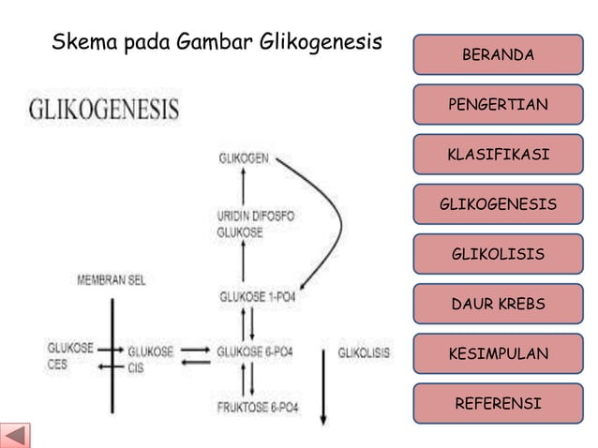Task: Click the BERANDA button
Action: (x=499, y=55)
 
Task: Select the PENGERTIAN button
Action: (x=499, y=103)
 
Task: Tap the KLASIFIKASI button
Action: (x=499, y=153)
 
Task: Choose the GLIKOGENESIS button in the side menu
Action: (x=499, y=203)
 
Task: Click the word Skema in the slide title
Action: (x=82, y=42)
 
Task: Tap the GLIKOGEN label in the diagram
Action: (x=241, y=157)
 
